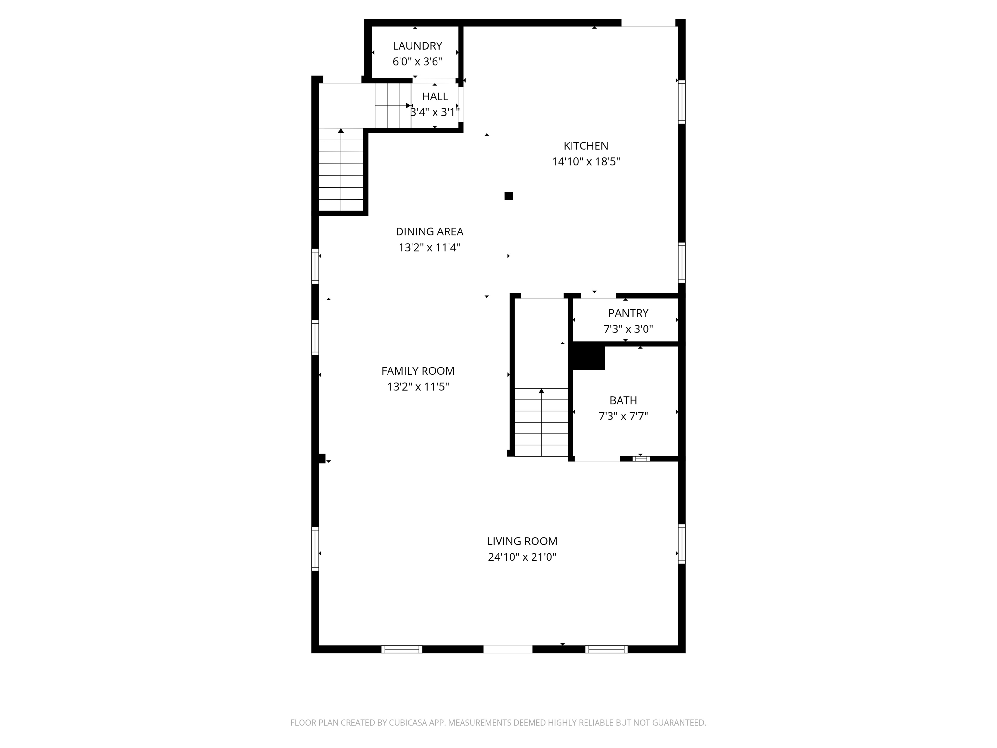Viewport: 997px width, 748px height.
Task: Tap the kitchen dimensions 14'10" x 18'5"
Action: point(585,161)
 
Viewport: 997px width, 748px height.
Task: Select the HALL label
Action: point(435,96)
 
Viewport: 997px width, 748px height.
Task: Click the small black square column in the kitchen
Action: point(509,196)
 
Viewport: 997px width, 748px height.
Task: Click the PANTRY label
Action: point(628,313)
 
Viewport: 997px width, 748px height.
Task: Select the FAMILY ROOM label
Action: point(417,371)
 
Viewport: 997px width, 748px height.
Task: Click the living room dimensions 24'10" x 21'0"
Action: point(522,557)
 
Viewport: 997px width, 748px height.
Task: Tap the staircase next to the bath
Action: point(541,422)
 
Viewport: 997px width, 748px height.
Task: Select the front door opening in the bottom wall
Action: point(508,649)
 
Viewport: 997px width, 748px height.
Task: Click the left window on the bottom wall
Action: point(401,649)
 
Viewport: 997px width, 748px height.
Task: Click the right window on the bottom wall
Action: point(606,649)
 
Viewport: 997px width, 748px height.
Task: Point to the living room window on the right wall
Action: point(682,544)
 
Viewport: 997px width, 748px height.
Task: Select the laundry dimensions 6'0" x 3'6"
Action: point(417,62)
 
